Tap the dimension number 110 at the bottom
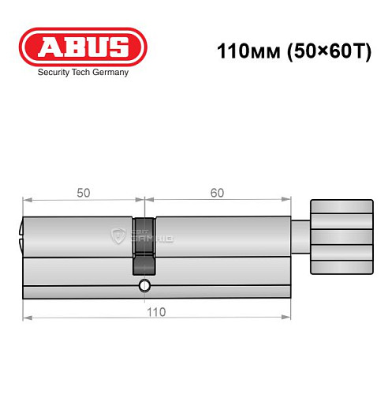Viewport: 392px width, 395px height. pyautogui.click(x=155, y=311)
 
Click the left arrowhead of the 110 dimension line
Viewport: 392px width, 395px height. pyautogui.click(x=25, y=318)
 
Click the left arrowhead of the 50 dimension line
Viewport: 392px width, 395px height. pyautogui.click(x=25, y=200)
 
